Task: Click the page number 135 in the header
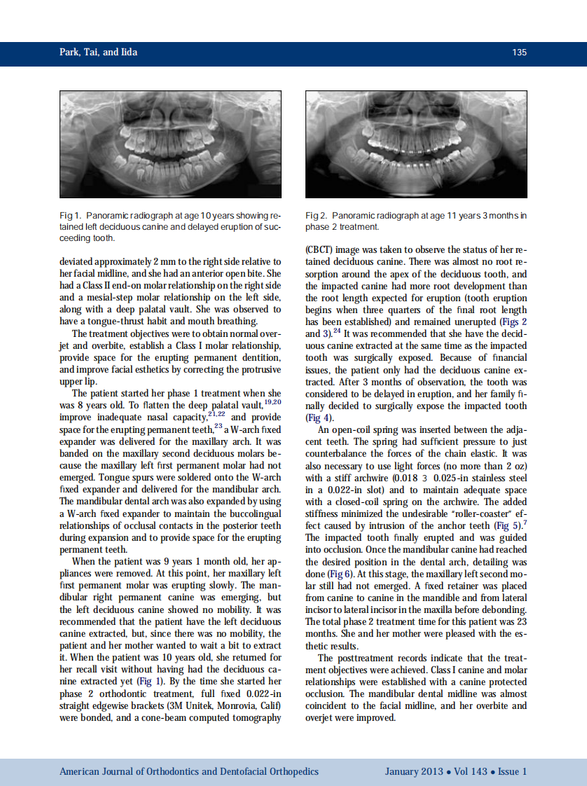point(519,53)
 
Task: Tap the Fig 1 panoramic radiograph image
point(170,144)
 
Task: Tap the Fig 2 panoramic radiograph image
point(416,144)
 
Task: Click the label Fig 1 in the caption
point(71,216)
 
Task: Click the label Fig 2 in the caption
point(317,216)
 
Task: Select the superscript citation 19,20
point(272,402)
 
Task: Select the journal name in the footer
point(189,771)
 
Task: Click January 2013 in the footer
point(413,771)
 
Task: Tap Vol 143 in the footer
point(469,771)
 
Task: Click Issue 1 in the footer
point(513,771)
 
